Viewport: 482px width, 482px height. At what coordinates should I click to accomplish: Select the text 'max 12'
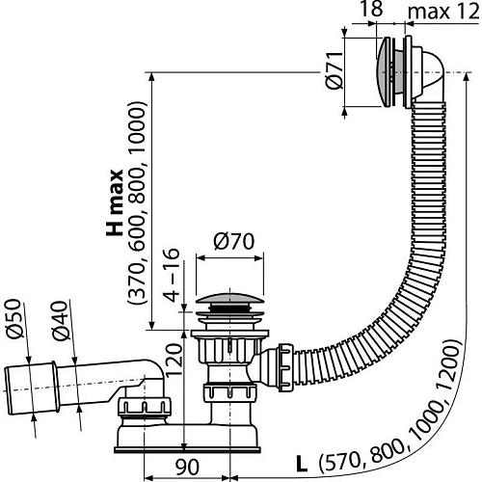click(x=442, y=13)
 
